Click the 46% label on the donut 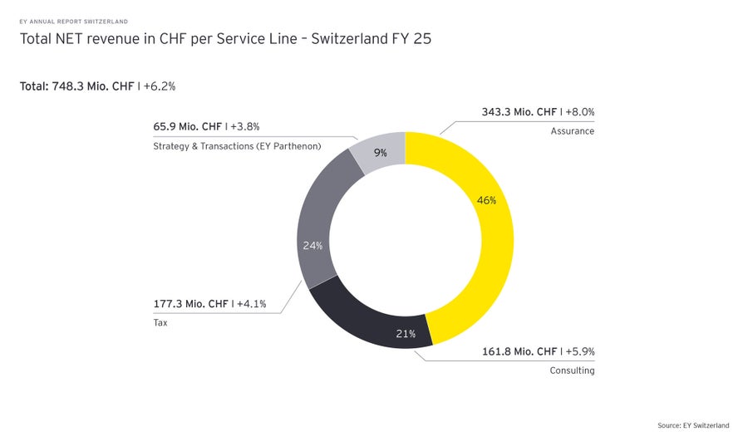pyautogui.click(x=486, y=200)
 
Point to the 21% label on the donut pyautogui.click(x=406, y=334)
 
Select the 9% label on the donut pyautogui.click(x=380, y=153)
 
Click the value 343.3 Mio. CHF pyautogui.click(x=519, y=112)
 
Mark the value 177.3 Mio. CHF pyautogui.click(x=190, y=304)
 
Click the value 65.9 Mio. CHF pyautogui.click(x=187, y=127)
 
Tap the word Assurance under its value pyautogui.click(x=572, y=131)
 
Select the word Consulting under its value pyautogui.click(x=572, y=370)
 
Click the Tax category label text pyautogui.click(x=160, y=322)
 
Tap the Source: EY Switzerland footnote pyautogui.click(x=693, y=425)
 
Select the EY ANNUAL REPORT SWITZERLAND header pyautogui.click(x=73, y=21)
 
